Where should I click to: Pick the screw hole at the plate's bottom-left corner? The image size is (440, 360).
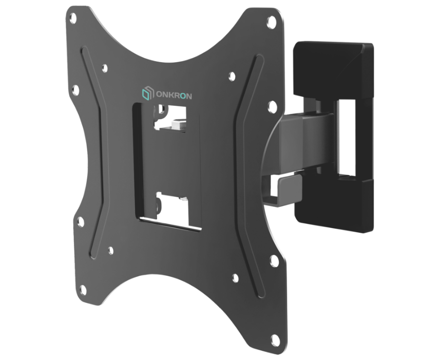click(80, 222)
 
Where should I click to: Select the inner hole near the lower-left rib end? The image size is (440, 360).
click(110, 251)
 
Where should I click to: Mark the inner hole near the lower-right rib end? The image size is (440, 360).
click(235, 278)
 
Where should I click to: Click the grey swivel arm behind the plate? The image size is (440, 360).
click(298, 139)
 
